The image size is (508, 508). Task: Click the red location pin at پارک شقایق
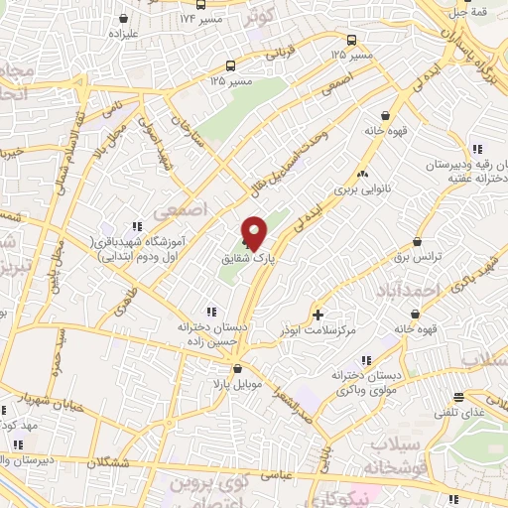(254, 233)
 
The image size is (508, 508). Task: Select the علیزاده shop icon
(122, 18)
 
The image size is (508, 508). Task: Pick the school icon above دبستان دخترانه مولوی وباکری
(366, 359)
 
